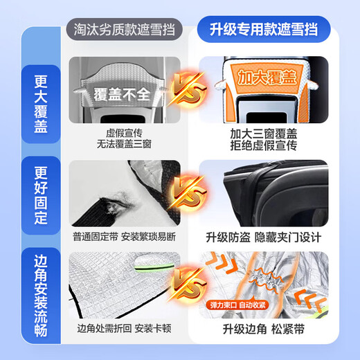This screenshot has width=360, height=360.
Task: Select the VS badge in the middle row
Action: coord(182,193)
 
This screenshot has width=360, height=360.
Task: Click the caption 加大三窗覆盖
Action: coord(263,132)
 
